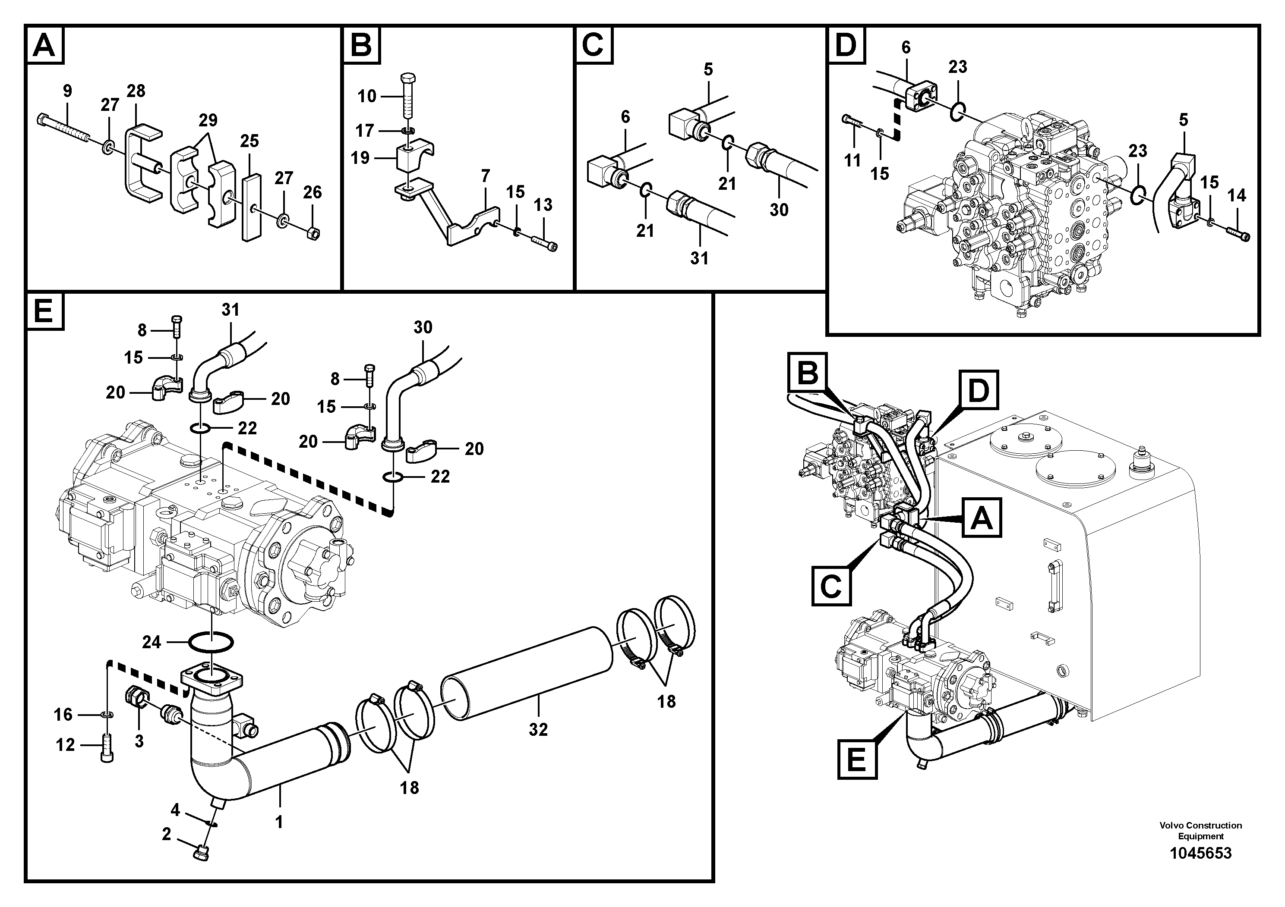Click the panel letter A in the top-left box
point(44,45)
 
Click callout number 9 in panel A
point(67,91)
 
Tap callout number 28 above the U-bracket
point(136,91)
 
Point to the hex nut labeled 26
point(314,232)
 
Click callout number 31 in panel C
point(698,258)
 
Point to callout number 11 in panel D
point(852,161)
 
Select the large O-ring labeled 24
point(211,643)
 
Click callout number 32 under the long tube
point(538,729)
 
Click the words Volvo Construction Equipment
point(1200,830)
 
